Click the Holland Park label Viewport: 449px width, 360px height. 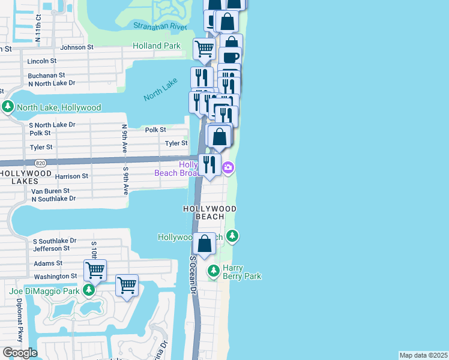[156, 46]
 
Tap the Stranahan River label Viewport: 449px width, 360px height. [158, 26]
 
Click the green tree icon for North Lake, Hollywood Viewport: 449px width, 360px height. [8, 107]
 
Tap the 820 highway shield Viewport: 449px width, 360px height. [40, 163]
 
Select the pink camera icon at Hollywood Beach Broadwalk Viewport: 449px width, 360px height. [228, 167]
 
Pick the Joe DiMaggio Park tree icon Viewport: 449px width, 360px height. [89, 291]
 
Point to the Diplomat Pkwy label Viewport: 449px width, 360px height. [20, 317]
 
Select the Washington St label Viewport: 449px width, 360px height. [55, 277]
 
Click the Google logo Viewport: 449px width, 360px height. [20, 353]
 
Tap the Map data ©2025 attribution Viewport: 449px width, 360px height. [423, 355]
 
